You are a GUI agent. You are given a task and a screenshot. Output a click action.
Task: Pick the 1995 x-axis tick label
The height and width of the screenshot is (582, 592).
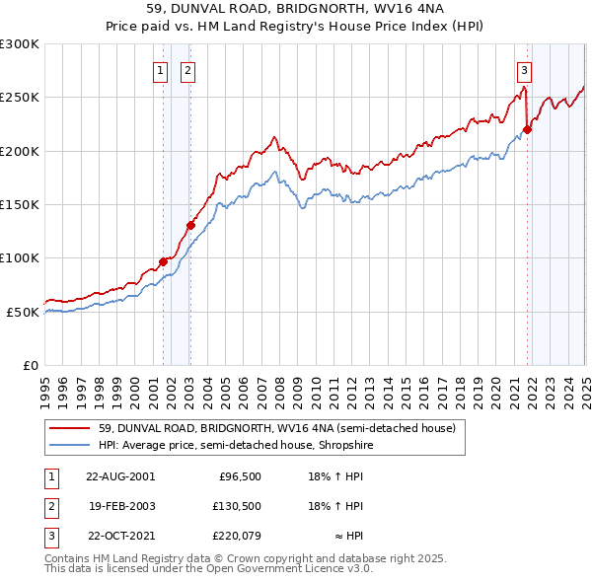coord(45,385)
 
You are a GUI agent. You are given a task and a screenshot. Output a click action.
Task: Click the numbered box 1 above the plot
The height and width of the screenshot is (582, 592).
coord(160,70)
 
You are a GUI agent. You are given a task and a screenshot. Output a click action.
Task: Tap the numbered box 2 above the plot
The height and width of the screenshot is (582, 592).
coord(186,70)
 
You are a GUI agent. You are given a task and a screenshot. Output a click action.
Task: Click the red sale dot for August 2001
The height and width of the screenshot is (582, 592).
coord(164,261)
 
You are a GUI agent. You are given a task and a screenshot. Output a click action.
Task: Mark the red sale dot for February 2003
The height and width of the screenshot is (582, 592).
coord(190,225)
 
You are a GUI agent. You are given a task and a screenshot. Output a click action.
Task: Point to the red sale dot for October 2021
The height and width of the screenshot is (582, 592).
coord(528,129)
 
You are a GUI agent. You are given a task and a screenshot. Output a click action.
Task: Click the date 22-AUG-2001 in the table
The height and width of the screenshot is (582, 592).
coord(120,476)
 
